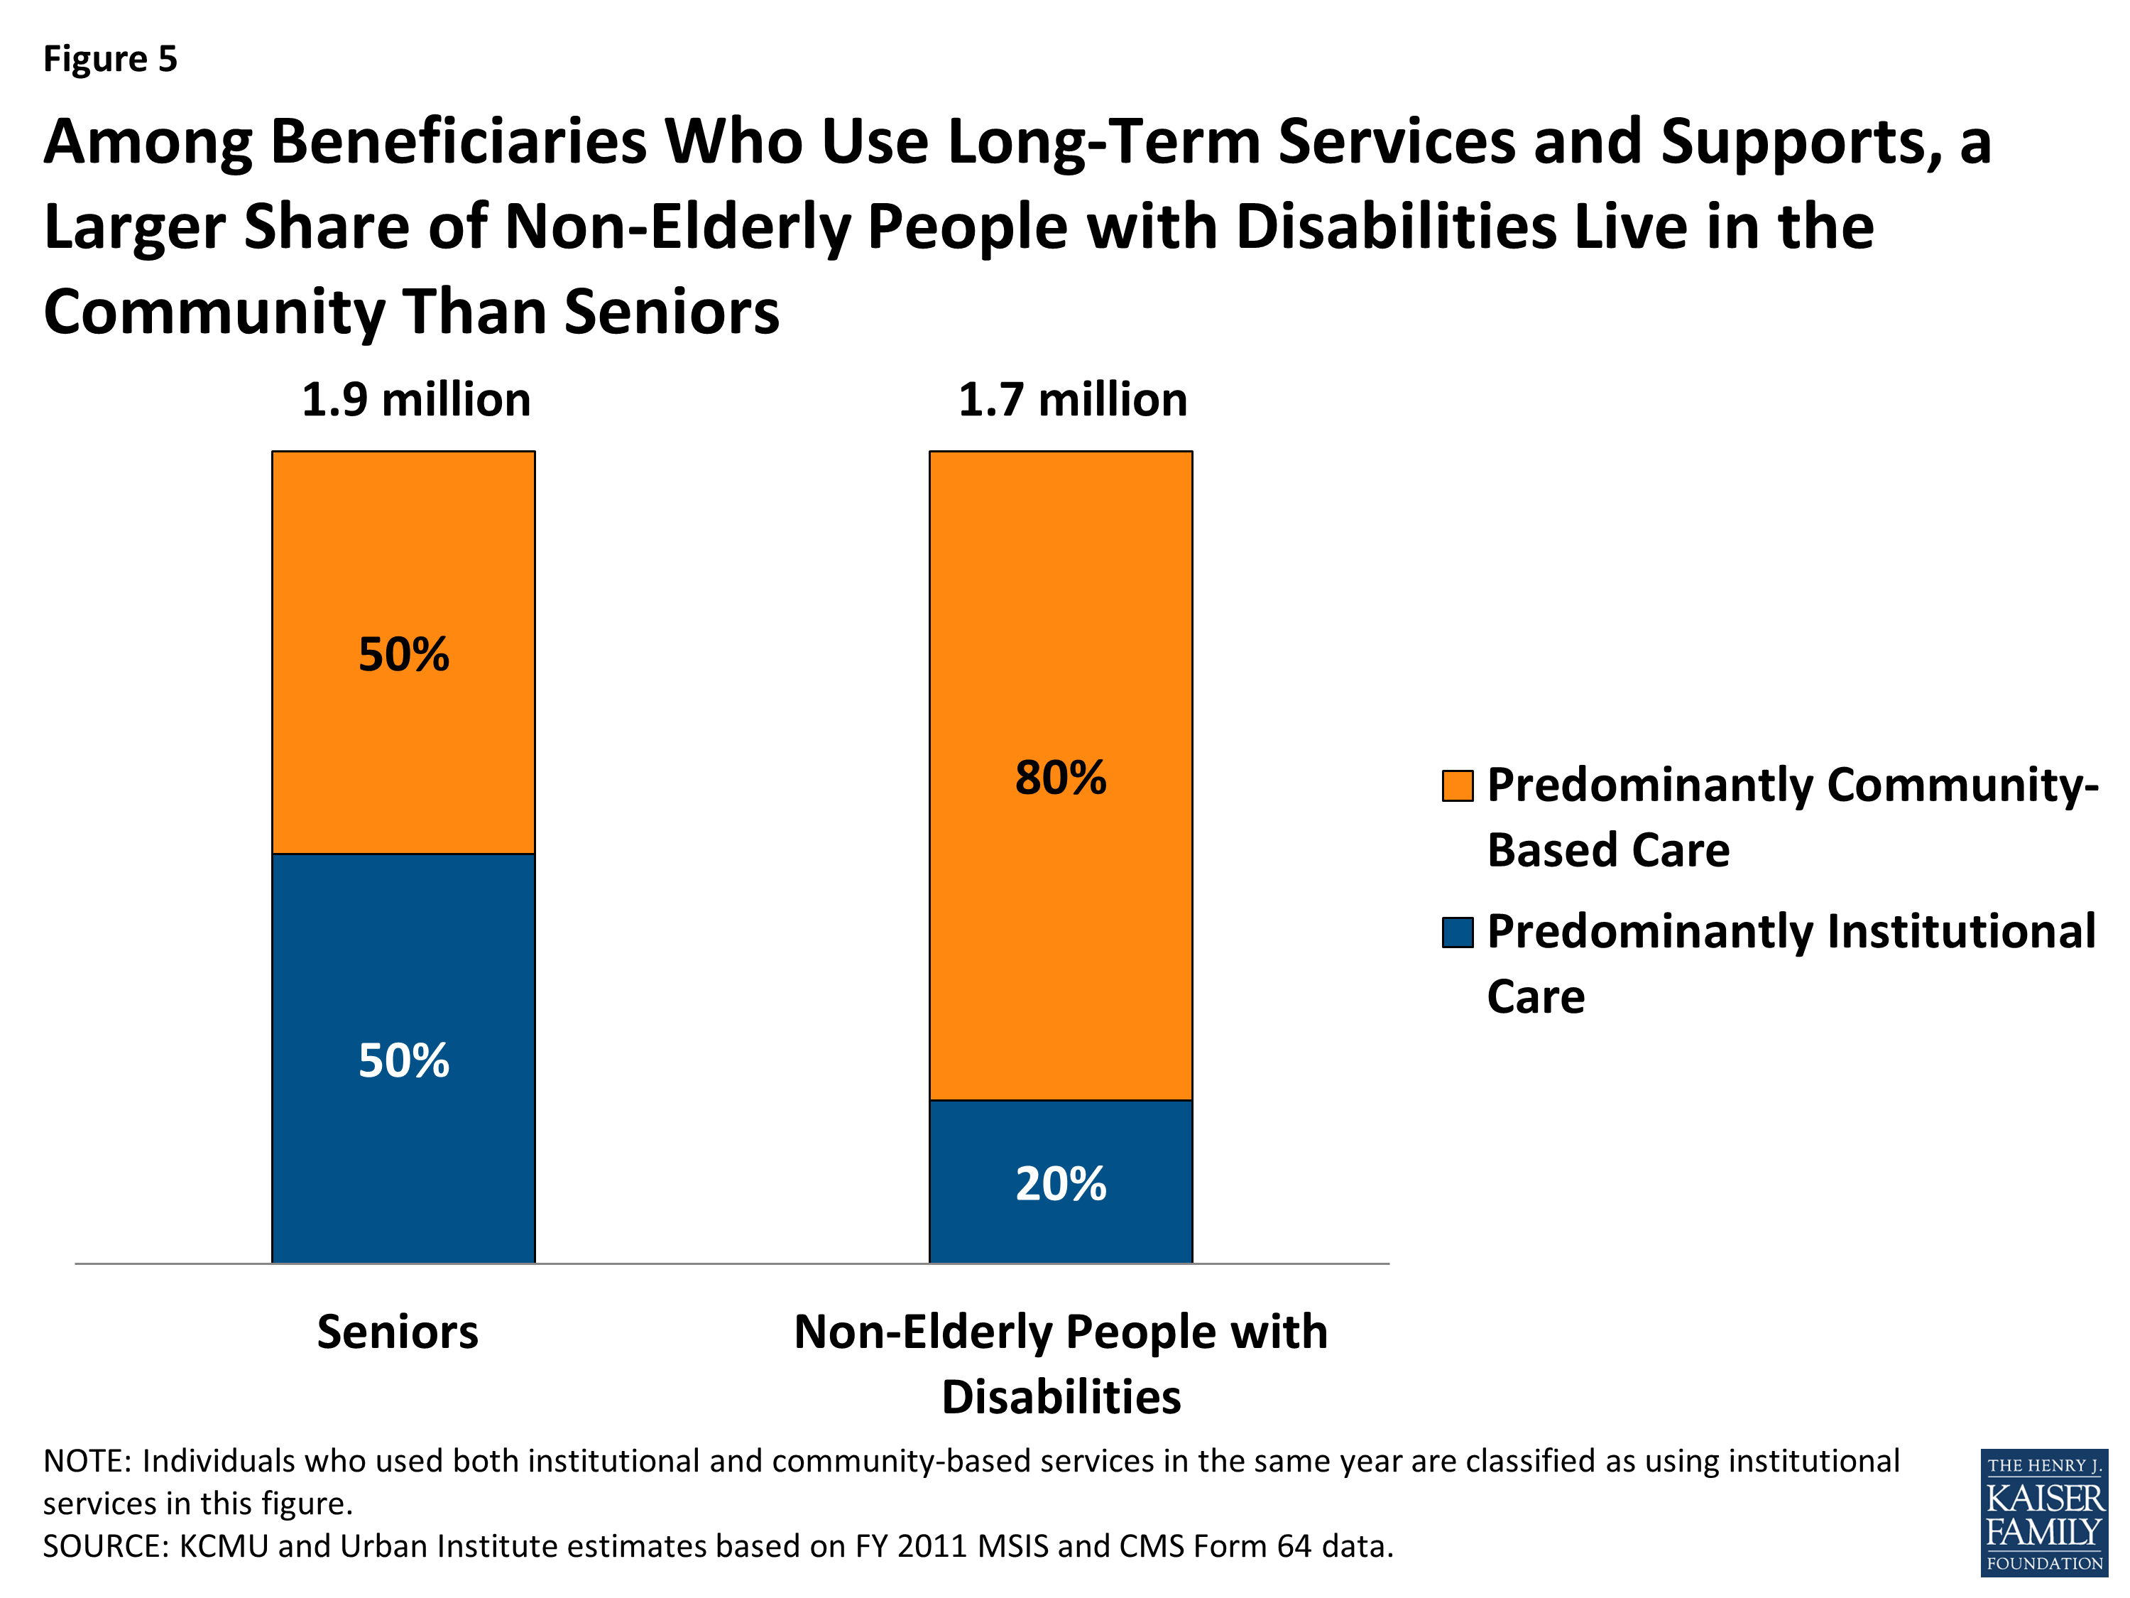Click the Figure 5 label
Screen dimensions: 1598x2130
[110, 60]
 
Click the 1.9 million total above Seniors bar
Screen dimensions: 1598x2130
[415, 400]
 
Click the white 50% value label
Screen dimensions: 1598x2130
[403, 1060]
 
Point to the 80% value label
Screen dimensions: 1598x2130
[1060, 777]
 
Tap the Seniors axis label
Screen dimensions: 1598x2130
[397, 1332]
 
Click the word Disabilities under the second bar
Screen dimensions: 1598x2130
[1060, 1397]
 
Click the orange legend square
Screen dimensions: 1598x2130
[1457, 785]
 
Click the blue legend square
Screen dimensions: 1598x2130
[1457, 933]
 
